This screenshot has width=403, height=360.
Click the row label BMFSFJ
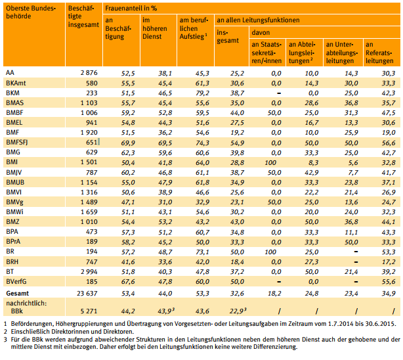(x=16, y=143)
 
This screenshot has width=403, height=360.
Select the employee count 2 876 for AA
(x=89, y=73)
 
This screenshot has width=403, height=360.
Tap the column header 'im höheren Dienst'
(x=155, y=28)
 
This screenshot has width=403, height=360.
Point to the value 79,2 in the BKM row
(x=202, y=93)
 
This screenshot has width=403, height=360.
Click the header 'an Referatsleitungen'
(x=379, y=53)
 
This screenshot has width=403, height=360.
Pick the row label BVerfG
(x=16, y=282)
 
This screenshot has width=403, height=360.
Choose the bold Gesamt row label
(x=17, y=294)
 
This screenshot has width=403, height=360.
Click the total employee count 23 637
(x=87, y=294)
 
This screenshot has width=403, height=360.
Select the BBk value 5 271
(x=89, y=311)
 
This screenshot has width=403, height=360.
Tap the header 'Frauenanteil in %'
(x=131, y=9)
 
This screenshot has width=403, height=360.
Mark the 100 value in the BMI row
(x=270, y=163)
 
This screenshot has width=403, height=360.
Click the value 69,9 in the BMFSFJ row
(x=128, y=143)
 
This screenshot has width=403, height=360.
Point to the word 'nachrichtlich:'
(x=26, y=303)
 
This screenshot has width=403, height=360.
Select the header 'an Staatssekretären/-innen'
(x=266, y=53)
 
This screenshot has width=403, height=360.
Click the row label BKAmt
(x=16, y=83)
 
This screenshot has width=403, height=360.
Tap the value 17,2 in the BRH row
(x=389, y=262)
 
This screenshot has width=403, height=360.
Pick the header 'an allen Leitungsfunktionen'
(x=258, y=20)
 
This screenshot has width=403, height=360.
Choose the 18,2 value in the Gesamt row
(x=274, y=294)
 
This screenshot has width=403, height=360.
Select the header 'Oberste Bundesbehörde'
(x=31, y=12)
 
